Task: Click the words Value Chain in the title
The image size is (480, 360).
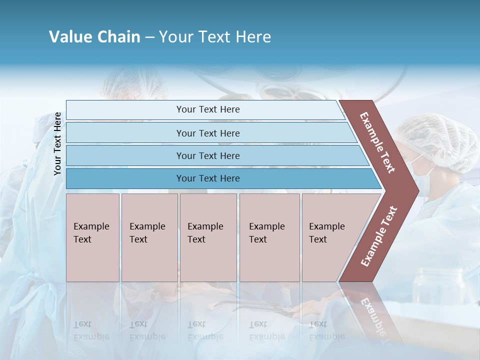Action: (x=94, y=37)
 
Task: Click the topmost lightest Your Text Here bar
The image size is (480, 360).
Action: (x=207, y=109)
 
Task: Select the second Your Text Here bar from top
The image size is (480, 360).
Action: (x=207, y=133)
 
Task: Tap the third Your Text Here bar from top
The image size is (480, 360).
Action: (x=207, y=155)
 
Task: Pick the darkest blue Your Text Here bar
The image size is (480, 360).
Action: (x=207, y=178)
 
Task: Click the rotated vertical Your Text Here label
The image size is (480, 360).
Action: (x=58, y=143)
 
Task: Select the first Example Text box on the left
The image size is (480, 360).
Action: (x=92, y=237)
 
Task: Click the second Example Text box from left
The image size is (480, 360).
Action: (x=149, y=237)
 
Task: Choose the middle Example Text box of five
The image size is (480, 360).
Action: (x=208, y=237)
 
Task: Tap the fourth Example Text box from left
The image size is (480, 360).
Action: (x=269, y=237)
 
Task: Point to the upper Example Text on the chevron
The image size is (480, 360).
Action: (x=377, y=142)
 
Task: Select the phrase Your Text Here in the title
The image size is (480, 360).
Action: (x=215, y=37)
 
